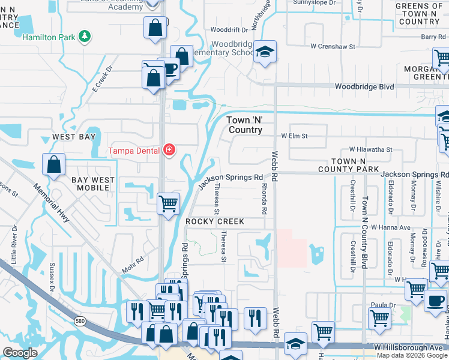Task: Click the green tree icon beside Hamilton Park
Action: pos(86,37)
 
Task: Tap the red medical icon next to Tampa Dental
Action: pos(170,149)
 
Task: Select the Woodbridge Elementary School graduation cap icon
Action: pos(263,52)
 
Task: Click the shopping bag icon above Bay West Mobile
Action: pos(53,166)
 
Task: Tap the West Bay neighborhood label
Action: pos(73,137)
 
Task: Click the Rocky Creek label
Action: pos(214,221)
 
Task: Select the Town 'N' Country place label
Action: pos(244,125)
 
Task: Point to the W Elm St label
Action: pos(294,136)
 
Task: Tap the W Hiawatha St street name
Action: pos(370,149)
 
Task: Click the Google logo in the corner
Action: pos(20,353)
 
